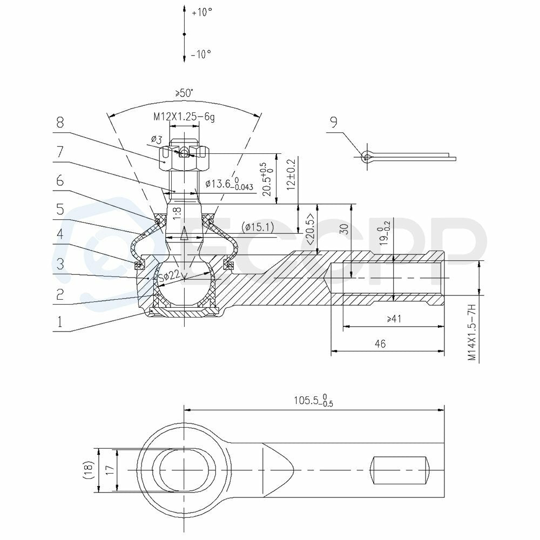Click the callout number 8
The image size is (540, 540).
click(x=60, y=122)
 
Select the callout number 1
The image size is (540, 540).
click(x=60, y=322)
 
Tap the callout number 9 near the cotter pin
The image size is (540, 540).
click(x=333, y=122)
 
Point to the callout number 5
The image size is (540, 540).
click(x=60, y=209)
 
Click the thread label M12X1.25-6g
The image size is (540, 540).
click(x=184, y=117)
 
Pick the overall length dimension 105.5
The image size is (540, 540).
click(x=313, y=401)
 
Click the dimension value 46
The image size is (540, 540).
click(x=380, y=343)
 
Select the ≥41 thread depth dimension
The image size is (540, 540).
click(x=394, y=319)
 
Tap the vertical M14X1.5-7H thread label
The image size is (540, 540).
click(x=472, y=331)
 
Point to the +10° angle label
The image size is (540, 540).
click(x=202, y=12)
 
